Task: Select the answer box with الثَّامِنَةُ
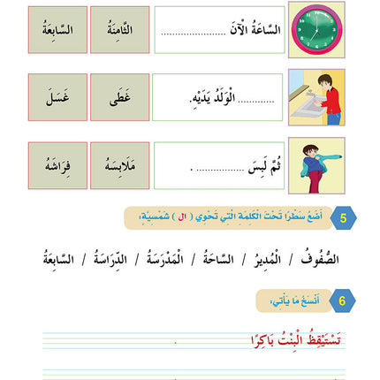point(119,29)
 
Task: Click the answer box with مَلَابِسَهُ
point(119,165)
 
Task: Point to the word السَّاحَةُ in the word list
point(223,259)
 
